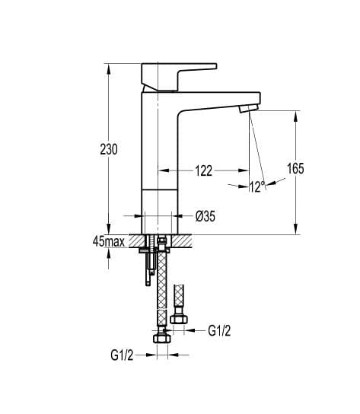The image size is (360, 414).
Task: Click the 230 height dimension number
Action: click(x=108, y=150)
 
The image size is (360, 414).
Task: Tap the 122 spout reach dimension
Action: click(x=203, y=171)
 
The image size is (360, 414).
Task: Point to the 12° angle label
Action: click(x=256, y=186)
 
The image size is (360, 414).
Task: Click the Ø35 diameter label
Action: click(x=205, y=216)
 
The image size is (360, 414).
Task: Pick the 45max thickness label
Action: click(x=108, y=241)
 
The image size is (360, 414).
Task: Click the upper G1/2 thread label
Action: click(x=219, y=330)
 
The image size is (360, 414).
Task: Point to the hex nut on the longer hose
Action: click(x=161, y=339)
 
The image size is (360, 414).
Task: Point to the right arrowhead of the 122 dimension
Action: click(x=247, y=171)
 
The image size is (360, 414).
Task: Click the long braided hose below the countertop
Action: click(x=161, y=289)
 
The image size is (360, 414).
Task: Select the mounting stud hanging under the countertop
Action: click(x=148, y=270)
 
